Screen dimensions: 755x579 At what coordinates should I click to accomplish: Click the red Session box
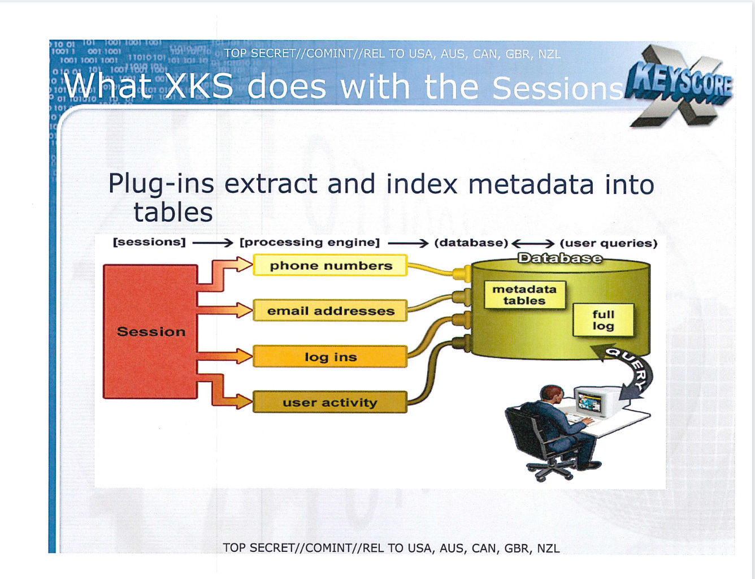150,331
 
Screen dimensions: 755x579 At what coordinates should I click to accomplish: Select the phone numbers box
331,265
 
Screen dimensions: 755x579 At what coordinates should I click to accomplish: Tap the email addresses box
331,311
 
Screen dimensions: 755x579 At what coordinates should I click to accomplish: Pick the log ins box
331,357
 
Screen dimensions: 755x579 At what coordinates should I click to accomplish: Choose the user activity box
331,403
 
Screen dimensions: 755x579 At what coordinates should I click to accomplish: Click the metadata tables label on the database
524,295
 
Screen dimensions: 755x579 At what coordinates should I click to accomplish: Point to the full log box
603,320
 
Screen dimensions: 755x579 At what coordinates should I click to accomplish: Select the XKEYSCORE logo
681,85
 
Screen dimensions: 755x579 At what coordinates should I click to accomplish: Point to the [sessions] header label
149,242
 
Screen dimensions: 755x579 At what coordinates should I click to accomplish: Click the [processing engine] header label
310,243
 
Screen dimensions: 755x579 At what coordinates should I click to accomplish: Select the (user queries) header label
609,243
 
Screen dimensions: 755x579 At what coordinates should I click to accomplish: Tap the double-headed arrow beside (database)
533,244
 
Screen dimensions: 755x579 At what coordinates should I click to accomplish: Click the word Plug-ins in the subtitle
161,184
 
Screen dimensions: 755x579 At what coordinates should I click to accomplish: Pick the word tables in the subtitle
173,213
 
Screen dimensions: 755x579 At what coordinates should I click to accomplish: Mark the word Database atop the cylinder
560,258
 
